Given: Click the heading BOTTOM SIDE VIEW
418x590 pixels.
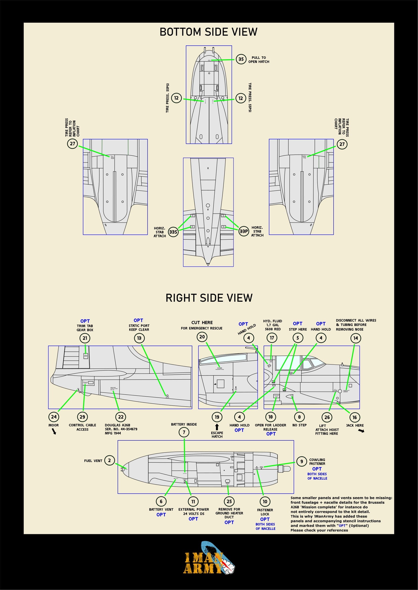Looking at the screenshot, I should coord(208,32).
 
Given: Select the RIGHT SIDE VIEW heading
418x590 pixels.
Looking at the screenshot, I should coord(209,298).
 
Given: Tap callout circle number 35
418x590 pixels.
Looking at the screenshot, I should coord(241,59).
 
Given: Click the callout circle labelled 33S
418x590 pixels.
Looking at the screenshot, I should coord(173,232).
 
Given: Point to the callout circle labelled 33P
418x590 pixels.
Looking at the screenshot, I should coord(244,231).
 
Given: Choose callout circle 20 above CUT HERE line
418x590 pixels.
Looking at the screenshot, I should coord(202,337).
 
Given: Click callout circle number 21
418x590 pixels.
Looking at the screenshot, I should coord(85,338).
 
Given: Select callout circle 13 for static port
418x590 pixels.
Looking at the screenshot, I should coord(139,338).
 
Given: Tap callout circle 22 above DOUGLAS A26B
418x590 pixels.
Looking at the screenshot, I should coord(121,417).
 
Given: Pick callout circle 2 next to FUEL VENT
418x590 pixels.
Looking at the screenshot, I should coord(109,460).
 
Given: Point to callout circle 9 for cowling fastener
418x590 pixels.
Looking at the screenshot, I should coord(301,462).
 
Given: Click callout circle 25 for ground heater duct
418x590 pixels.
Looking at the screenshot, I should coord(229,501).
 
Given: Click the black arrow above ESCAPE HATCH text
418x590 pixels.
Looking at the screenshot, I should coord(217,427).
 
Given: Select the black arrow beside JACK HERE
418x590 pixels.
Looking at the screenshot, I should coord(361,431).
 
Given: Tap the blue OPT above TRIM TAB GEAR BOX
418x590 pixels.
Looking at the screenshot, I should coord(85,321).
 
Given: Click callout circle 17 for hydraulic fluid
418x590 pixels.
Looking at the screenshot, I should coord(272,338).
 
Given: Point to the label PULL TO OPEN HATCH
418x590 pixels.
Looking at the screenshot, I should coord(259,60).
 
